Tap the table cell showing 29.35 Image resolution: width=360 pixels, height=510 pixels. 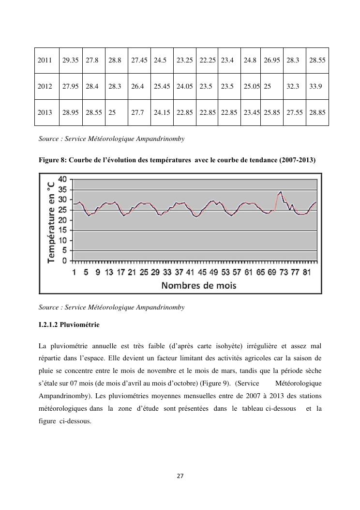point(71,61)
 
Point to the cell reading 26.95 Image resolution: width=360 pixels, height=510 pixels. point(272,61)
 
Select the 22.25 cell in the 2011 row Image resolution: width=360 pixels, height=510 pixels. point(208,61)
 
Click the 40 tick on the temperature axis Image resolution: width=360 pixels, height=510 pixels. point(62,179)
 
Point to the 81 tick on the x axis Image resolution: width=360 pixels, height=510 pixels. point(307,272)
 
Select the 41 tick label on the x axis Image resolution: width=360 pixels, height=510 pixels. point(190,272)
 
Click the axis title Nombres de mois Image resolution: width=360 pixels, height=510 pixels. point(199,285)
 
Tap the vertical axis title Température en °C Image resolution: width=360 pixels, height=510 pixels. point(51,219)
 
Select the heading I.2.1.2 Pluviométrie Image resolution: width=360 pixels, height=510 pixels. point(69,325)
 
